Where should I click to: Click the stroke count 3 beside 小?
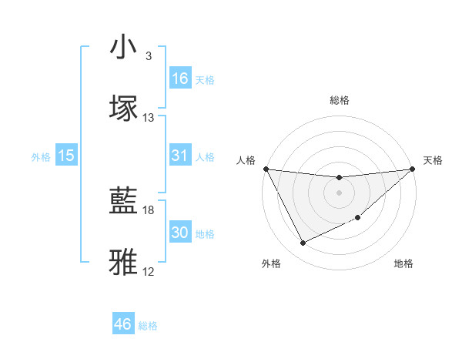pos(149,56)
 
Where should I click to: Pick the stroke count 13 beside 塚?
pos(149,117)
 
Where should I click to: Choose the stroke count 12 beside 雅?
pos(149,271)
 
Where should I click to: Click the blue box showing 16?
pos(180,79)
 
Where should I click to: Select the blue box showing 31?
pos(180,156)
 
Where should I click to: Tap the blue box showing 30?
pos(180,233)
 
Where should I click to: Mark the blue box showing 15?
pos(66,156)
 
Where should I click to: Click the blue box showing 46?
pos(123,325)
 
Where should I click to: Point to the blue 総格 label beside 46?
pos(148,326)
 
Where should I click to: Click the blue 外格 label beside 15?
pos(41,156)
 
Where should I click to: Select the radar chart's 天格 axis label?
pos(433,159)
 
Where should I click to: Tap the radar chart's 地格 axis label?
pos(403,263)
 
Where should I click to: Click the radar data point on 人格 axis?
pos(266,169)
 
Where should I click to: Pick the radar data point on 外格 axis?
pos(303,243)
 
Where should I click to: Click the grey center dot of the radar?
pos(339,193)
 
